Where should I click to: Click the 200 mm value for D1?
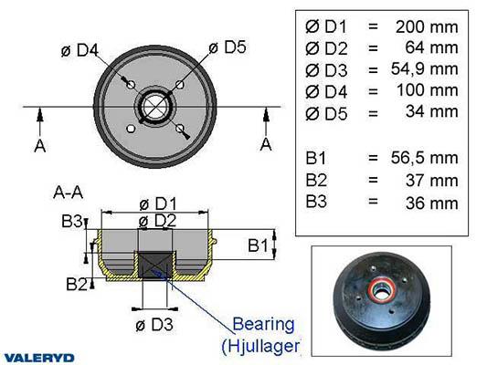[427, 27]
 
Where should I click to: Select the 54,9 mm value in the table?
[424, 68]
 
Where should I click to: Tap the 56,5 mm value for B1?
[424, 158]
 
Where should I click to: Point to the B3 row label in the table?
[316, 201]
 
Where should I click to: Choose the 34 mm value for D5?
[431, 111]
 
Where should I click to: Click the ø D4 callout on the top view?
[79, 50]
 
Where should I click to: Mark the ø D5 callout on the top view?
[228, 47]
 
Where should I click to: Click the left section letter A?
[40, 146]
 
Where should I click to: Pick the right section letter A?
[266, 144]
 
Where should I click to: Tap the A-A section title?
[69, 193]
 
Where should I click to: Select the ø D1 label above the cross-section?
[158, 204]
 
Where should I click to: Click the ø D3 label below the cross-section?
[154, 325]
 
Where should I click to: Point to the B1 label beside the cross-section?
[258, 245]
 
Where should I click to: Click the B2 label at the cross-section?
[77, 284]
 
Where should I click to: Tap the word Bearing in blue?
[263, 325]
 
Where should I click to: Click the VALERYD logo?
[39, 358]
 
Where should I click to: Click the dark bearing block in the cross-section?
[154, 265]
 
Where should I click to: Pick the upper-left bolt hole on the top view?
[131, 84]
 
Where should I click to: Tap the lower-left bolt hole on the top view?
[131, 129]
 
